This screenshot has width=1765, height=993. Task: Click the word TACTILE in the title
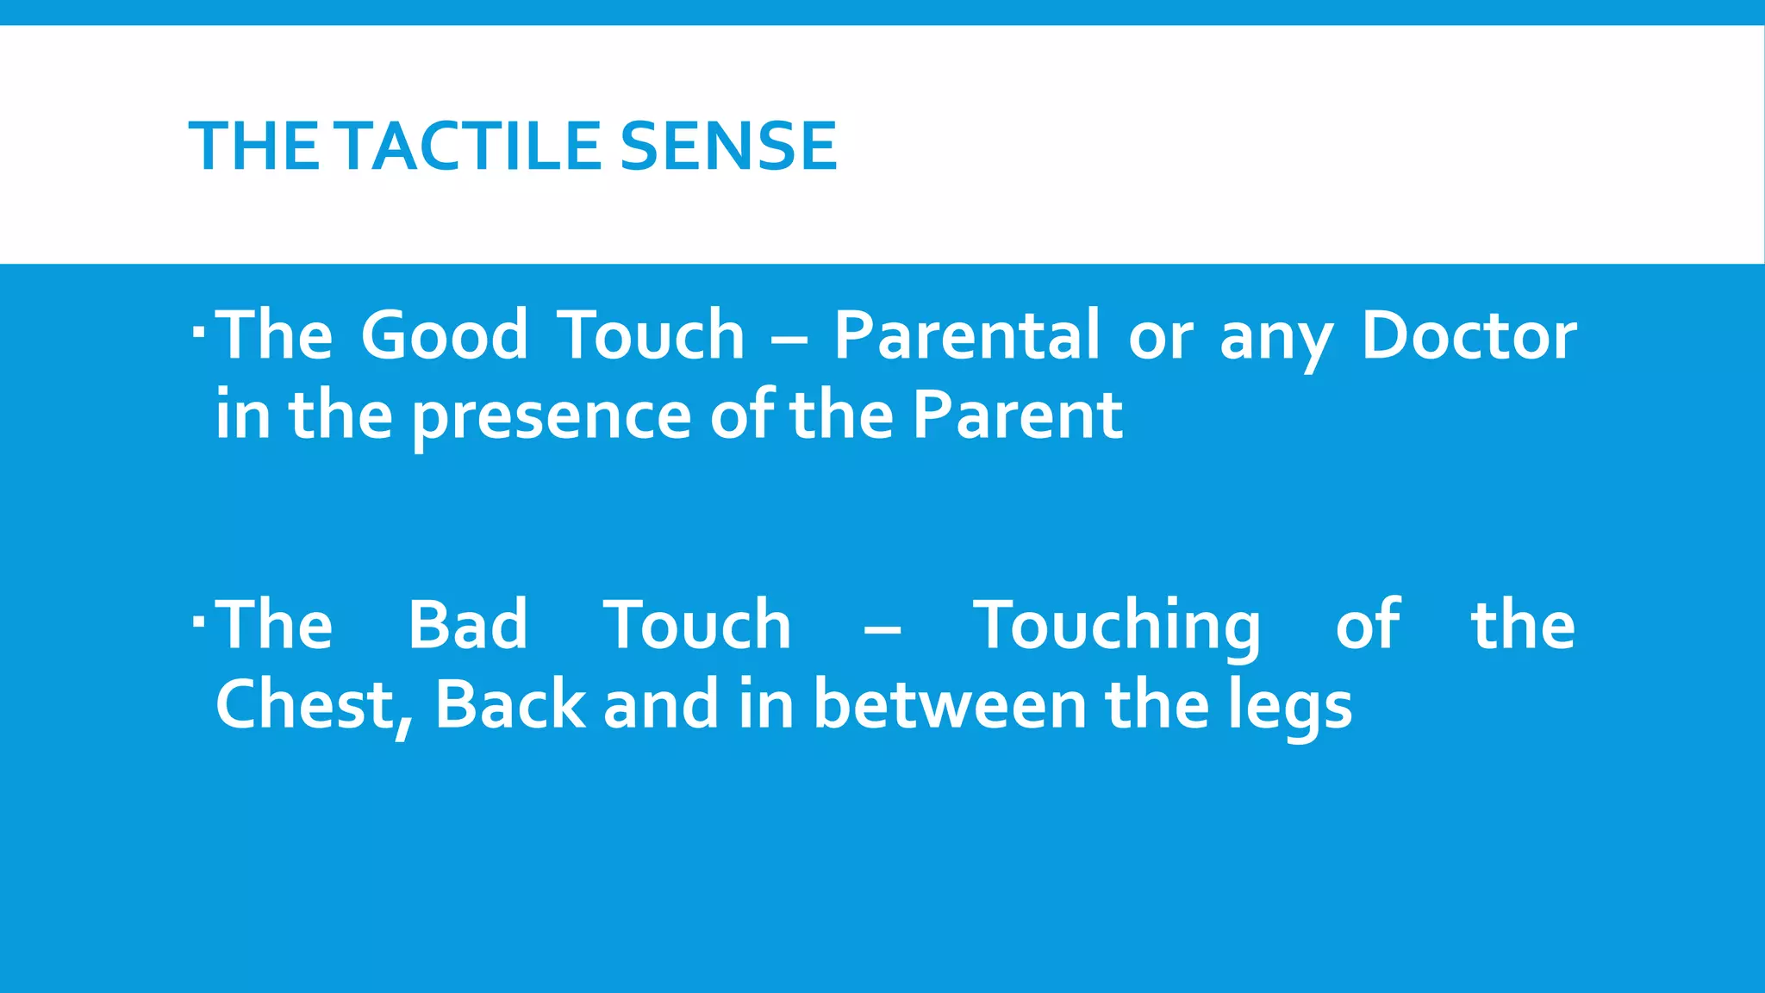pos(469,147)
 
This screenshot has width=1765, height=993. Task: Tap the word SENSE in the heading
pos(728,147)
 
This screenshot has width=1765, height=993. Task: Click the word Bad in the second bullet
pos(467,624)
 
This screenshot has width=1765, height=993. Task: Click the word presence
pos(552,415)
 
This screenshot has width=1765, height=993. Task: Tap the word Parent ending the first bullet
pos(1017,415)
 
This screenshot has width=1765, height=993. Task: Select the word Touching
pos(1117,624)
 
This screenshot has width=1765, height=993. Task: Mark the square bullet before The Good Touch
pos(199,330)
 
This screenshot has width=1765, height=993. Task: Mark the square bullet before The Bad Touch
pos(199,620)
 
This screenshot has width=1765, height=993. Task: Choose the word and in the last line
pos(660,705)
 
